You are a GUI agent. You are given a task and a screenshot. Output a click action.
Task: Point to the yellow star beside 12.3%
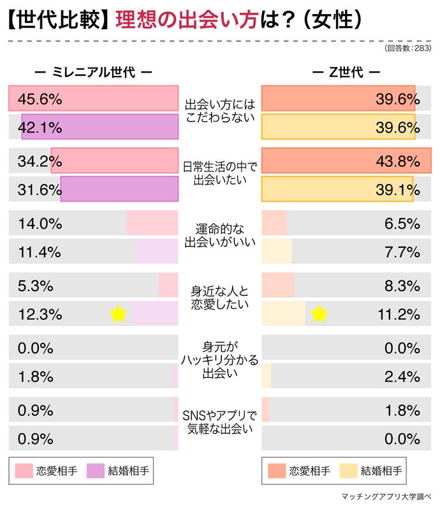(117, 314)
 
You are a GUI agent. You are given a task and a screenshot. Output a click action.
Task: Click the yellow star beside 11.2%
(319, 313)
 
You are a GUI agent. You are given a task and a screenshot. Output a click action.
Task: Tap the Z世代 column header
(347, 72)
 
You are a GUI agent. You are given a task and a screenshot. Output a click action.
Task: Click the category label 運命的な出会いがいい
(220, 235)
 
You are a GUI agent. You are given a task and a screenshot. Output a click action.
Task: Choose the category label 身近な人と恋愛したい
(220, 298)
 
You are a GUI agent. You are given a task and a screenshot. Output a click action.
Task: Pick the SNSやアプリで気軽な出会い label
(220, 422)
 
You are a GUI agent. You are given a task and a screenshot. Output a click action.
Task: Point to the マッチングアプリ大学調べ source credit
(387, 496)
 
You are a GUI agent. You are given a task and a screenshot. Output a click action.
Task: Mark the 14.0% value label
(40, 224)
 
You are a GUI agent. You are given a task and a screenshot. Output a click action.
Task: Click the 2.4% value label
(402, 376)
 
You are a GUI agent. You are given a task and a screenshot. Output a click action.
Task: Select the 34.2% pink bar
(115, 161)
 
